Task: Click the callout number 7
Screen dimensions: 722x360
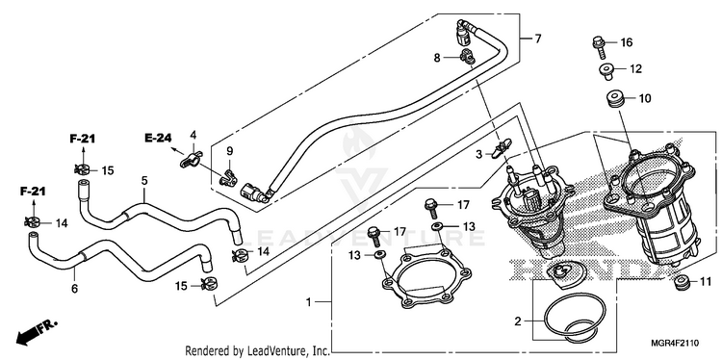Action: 538,39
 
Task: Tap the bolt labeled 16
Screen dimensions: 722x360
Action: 598,47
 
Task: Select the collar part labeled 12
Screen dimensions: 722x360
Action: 606,71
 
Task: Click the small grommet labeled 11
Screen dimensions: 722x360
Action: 682,283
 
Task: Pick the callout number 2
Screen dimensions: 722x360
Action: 518,321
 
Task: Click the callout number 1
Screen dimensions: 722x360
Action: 309,302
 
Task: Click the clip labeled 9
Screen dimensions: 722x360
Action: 227,178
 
